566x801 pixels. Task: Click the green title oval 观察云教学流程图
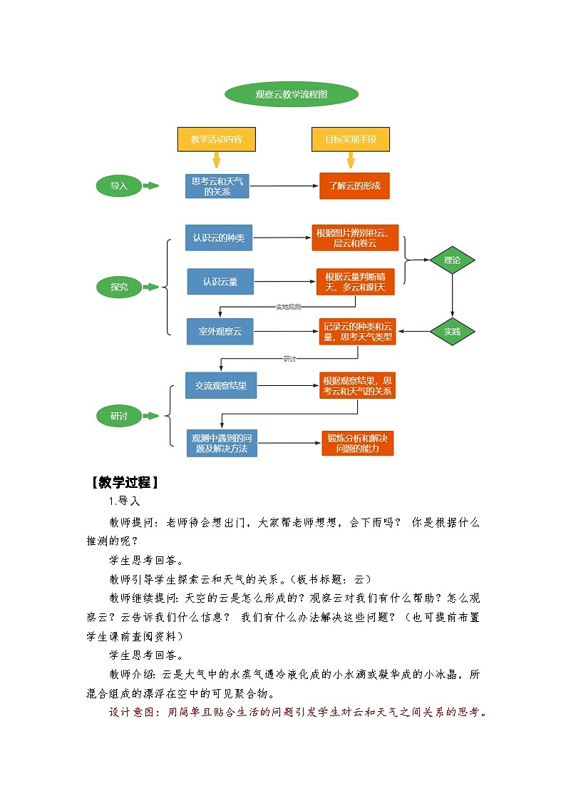coord(291,94)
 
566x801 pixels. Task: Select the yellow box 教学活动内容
coord(216,139)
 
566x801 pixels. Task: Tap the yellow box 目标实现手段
coord(351,139)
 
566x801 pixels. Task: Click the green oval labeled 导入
coord(118,186)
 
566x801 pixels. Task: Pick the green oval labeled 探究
coord(119,287)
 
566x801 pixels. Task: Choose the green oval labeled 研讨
coord(119,415)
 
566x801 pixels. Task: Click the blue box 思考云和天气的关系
coord(217,186)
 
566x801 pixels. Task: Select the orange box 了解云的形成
coord(354,186)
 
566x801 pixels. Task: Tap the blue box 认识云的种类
coord(218,238)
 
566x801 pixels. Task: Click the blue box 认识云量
coord(220,282)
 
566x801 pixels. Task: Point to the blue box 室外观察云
coord(220,332)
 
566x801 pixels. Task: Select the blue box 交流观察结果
coord(221,385)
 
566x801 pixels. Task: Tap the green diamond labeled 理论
coord(452,260)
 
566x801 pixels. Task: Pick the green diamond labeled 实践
coord(452,332)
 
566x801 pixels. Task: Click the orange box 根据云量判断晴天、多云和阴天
coord(355,282)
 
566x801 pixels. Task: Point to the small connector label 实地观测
coord(289,307)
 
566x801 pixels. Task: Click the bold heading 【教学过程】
coord(125,482)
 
